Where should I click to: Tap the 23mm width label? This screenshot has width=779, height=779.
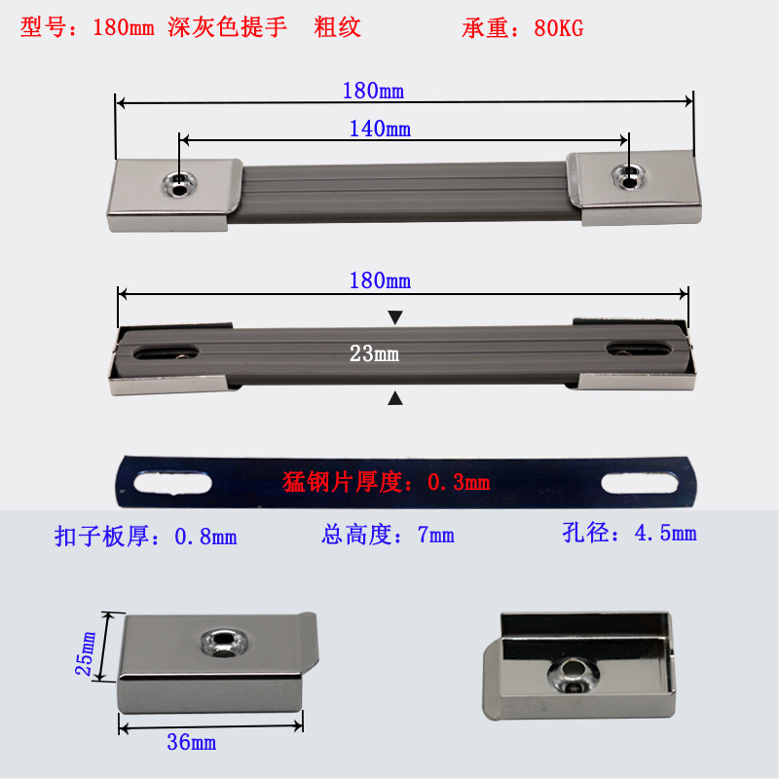374,354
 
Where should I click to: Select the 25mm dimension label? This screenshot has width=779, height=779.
89,653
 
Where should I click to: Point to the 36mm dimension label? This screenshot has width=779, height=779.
191,743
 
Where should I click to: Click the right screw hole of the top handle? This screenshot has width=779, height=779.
630,176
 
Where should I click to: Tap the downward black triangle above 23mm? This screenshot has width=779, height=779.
394,317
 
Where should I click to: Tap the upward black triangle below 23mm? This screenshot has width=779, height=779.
394,397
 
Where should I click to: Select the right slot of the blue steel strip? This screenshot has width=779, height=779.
639,482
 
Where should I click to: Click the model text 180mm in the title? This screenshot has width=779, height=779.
123,28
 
